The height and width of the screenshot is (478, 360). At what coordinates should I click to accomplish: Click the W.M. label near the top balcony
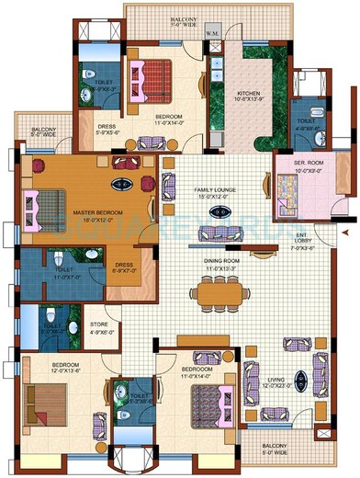pos(212,36)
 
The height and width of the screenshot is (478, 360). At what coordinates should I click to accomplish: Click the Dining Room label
pos(220,264)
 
